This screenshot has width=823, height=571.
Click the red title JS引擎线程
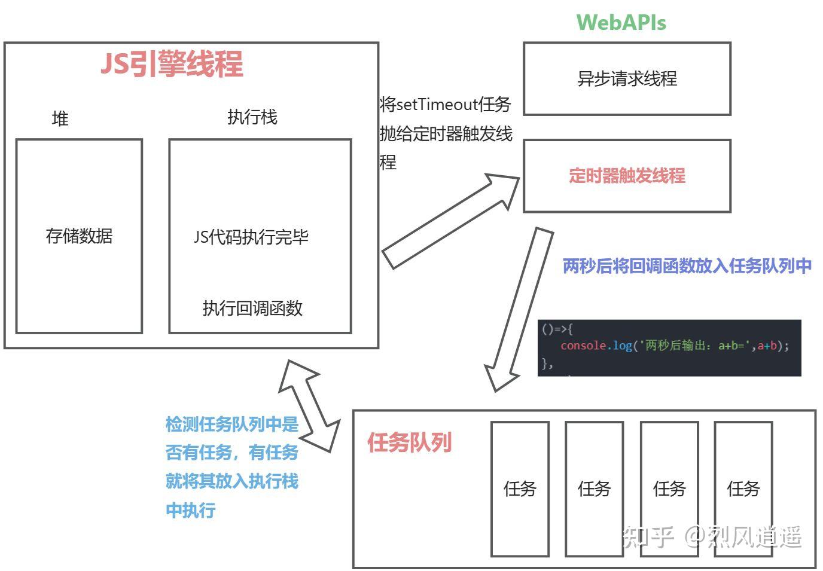[172, 64]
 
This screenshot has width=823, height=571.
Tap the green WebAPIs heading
[621, 23]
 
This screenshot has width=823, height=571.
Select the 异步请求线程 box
[627, 78]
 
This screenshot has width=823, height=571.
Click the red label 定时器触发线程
[627, 176]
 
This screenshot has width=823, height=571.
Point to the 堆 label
[60, 118]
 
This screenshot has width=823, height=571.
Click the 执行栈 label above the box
[252, 117]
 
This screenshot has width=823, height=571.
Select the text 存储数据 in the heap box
[79, 236]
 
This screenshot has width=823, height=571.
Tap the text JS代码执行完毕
[251, 237]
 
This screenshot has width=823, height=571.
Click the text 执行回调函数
[252, 308]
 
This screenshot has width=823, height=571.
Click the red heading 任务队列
[409, 442]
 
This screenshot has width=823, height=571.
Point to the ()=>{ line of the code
[557, 329]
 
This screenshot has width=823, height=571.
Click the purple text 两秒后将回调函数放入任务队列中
[687, 265]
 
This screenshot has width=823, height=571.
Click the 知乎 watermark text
[648, 536]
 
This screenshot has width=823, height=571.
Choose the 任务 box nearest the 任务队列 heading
[520, 488]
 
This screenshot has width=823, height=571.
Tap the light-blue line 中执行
[190, 510]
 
